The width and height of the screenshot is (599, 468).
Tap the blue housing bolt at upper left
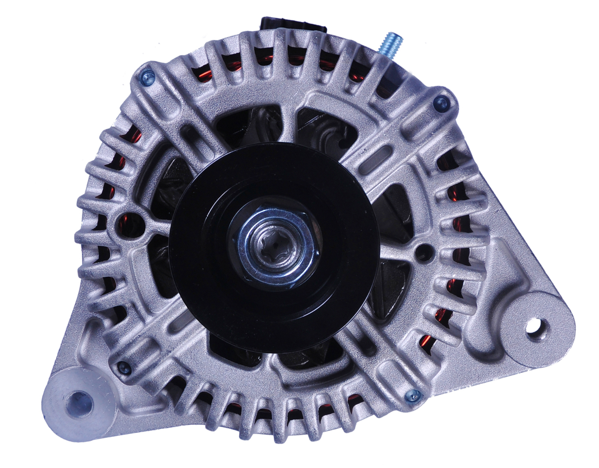point(147,78)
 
